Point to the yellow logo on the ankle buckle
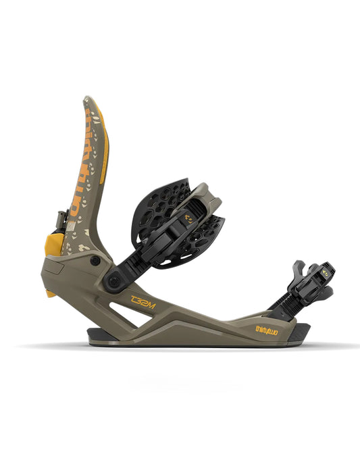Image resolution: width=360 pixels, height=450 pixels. [x=192, y=218]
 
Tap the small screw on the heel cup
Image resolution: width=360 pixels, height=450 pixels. [x=96, y=260]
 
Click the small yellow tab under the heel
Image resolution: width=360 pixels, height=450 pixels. [x=50, y=293]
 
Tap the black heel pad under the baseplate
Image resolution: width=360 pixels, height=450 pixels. [x=98, y=333]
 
